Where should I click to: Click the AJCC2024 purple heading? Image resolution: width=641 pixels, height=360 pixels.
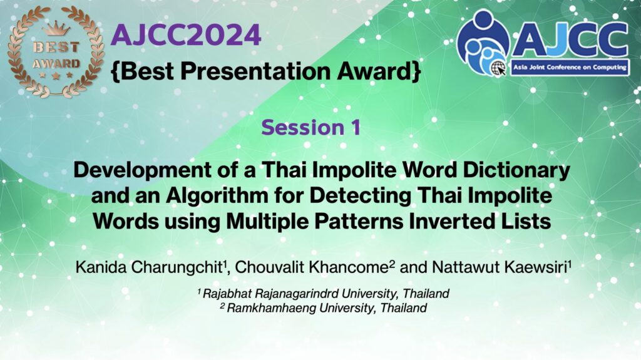coord(185,35)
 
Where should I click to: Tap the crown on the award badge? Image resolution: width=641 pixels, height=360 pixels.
coord(56,29)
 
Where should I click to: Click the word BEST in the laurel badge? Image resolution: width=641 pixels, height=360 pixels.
coord(56,47)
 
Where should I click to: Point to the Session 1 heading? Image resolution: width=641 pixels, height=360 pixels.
coord(311,127)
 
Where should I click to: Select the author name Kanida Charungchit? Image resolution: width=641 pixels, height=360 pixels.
coord(149,267)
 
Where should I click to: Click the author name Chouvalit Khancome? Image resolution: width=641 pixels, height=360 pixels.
coord(312,267)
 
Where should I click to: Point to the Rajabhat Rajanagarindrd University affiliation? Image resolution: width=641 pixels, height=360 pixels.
coord(324,293)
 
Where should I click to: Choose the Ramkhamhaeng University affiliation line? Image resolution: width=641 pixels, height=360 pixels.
coord(324,307)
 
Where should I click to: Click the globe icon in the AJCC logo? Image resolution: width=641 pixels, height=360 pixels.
coord(498,68)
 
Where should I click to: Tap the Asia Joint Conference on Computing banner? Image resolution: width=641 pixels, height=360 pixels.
coord(570,67)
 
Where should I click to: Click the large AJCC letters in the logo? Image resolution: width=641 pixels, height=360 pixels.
coord(570,39)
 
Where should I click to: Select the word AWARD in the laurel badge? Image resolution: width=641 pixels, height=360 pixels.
coord(56,64)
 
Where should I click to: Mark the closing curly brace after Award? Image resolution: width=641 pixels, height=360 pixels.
coord(416,71)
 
